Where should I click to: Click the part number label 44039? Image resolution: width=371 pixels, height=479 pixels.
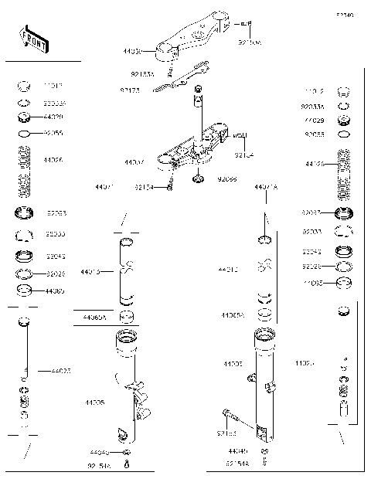pyautogui.click(x=133, y=52)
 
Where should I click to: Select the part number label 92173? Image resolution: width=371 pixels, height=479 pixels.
pyautogui.click(x=130, y=90)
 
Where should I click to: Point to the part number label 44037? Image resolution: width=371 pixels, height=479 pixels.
pyautogui.click(x=134, y=163)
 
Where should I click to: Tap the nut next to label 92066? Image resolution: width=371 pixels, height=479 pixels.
pyautogui.click(x=198, y=180)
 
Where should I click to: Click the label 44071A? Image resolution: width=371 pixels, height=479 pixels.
pyautogui.click(x=266, y=187)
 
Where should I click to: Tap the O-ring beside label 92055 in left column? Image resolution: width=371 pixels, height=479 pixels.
pyautogui.click(x=24, y=134)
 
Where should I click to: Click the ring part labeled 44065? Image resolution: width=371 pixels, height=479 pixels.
pyautogui.click(x=24, y=291)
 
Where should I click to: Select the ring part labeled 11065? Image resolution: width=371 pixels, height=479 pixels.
pyautogui.click(x=345, y=284)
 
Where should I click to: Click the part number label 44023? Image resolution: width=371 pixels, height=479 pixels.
pyautogui.click(x=61, y=372)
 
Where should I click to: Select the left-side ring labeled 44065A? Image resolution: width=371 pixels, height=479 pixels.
pyautogui.click(x=128, y=317)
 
